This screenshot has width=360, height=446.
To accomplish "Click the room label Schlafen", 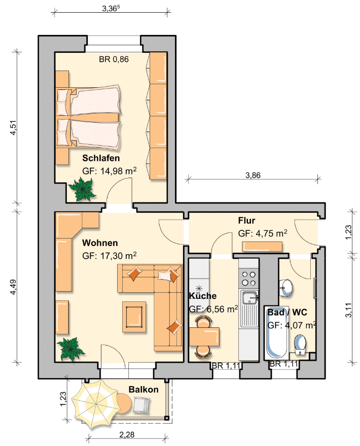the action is pos(101,158).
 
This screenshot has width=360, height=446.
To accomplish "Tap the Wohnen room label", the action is pos(100,243).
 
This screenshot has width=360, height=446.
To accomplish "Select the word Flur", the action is pos(246,220).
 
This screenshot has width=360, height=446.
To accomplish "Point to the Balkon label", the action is pos(143,389).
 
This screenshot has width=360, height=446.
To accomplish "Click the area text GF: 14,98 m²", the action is pos(110,171).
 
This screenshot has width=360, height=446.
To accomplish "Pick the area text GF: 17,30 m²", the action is pos(110,256).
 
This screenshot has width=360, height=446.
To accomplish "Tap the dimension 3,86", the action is pos(253,175).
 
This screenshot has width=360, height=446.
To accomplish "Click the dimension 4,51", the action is pos(13,128).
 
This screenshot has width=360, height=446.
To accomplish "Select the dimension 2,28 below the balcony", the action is pos(127,435).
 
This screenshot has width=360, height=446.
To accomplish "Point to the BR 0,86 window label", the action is pos(114,59).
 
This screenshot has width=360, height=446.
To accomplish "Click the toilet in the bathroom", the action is pos(300,345).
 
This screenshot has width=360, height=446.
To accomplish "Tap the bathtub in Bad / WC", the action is pos(276,333).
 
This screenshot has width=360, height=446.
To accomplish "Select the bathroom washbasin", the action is pos(285,287).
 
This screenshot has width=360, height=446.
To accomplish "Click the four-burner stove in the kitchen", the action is pos(248,279).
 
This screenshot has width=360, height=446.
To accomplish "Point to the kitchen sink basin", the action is pos(249,298).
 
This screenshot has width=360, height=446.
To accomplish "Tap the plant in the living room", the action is pos(70,349).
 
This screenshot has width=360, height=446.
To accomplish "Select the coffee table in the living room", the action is pos(134,317).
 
